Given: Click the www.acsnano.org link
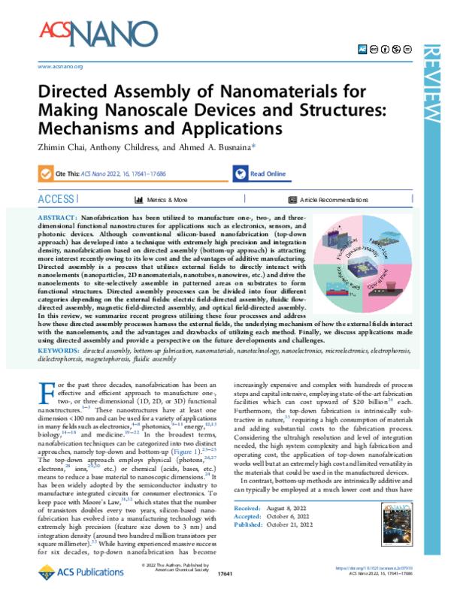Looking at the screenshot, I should click(59, 67).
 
